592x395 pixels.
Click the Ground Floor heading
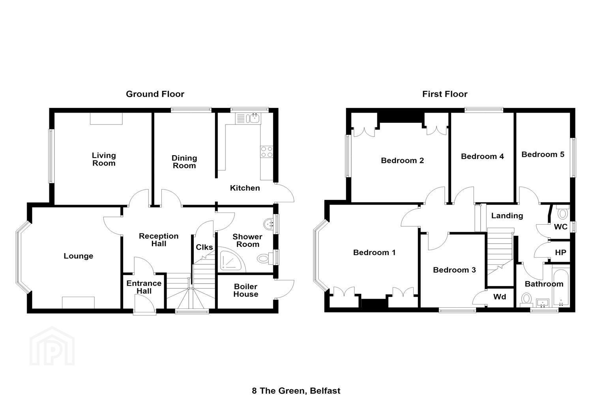(x=155, y=94)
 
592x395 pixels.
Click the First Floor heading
(x=445, y=94)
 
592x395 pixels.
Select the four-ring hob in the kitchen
(x=267, y=152)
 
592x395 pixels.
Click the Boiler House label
(x=246, y=290)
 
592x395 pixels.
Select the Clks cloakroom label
(x=204, y=247)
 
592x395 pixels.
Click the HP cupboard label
(x=560, y=252)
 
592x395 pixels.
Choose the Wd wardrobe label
(x=500, y=297)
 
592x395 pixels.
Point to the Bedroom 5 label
(x=543, y=154)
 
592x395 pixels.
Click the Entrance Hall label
(x=144, y=287)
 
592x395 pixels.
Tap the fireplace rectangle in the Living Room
(x=106, y=118)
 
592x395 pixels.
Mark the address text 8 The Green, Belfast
(x=296, y=391)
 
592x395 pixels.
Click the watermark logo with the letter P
(x=52, y=346)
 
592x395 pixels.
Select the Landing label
(x=507, y=216)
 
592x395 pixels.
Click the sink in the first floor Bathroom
(x=543, y=303)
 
